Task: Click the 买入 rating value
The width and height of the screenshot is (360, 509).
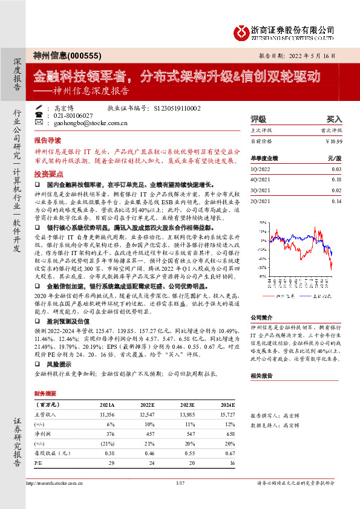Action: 335,119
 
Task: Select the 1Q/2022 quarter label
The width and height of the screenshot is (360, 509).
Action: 261,170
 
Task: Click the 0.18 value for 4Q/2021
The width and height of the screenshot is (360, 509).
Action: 337,180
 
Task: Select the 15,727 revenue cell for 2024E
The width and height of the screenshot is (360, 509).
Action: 226,414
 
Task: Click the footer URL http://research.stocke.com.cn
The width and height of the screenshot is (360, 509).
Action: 55,482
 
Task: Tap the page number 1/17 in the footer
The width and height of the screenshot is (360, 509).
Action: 180,482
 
